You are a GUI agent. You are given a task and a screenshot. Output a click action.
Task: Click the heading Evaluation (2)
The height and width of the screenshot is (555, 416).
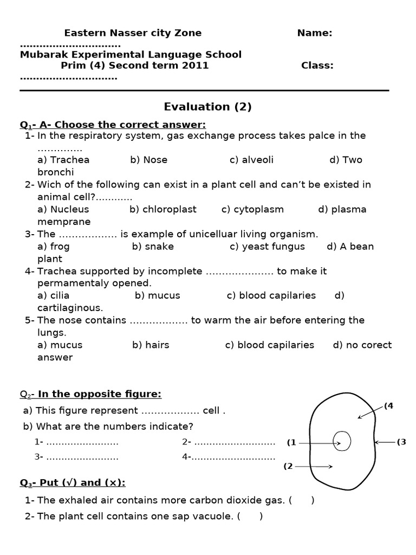click(207, 107)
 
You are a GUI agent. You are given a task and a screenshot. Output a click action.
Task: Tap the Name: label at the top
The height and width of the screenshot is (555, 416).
click(315, 33)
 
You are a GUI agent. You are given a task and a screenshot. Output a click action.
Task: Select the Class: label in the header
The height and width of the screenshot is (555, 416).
click(317, 66)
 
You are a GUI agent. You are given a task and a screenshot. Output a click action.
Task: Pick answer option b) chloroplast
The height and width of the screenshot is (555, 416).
click(163, 209)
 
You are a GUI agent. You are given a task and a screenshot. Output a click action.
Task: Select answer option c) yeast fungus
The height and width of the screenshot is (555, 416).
click(267, 247)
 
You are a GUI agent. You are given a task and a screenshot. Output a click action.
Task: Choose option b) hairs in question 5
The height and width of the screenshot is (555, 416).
click(151, 345)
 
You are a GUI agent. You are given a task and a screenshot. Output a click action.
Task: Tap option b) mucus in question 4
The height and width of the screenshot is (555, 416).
click(158, 296)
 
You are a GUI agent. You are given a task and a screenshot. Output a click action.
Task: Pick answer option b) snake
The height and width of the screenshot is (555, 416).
click(153, 247)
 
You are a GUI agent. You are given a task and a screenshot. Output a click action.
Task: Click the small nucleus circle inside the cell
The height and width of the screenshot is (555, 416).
click(342, 441)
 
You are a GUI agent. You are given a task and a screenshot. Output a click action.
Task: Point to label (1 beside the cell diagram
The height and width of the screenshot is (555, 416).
click(291, 443)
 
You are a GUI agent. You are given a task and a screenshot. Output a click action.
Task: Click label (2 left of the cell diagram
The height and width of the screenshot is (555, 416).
click(288, 466)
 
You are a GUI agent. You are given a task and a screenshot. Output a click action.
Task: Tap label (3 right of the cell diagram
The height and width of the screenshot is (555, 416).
click(401, 442)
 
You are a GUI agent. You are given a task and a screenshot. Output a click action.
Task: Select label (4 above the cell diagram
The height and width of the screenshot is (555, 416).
click(388, 406)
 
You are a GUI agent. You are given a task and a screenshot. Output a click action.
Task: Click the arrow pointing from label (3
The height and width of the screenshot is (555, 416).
click(386, 442)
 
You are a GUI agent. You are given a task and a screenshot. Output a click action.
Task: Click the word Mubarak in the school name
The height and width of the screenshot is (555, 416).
click(43, 55)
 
